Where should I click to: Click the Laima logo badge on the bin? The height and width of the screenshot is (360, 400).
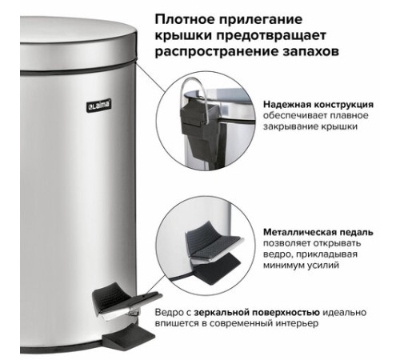[98, 106]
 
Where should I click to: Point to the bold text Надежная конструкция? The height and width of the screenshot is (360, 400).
[318, 105]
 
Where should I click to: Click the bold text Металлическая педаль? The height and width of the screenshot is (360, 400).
[318, 232]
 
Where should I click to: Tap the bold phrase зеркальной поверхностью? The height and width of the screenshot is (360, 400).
[257, 312]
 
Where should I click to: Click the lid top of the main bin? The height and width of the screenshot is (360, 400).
[78, 30]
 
